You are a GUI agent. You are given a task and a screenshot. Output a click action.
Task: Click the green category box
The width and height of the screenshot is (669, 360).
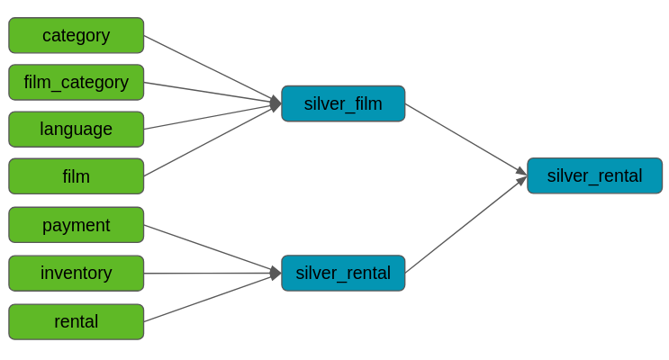[77, 35]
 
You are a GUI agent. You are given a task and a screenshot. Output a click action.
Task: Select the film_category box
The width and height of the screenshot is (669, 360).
[77, 82]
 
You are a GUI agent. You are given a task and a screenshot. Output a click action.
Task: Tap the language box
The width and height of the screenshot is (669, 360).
[77, 130]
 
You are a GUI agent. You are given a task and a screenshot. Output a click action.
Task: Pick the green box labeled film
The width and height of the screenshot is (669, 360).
[77, 176]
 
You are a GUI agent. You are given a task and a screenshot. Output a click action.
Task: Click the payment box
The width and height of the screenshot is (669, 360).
[77, 225]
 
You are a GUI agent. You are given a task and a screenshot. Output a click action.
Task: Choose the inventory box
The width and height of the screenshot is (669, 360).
[77, 274]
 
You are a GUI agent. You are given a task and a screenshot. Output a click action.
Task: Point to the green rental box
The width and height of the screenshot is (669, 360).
[77, 322]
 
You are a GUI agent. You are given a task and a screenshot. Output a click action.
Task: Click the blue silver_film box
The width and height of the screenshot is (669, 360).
[343, 103]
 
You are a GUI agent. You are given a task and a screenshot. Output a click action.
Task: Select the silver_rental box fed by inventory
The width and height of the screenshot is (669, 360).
[343, 273]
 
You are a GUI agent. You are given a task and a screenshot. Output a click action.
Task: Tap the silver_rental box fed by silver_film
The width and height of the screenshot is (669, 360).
[595, 175]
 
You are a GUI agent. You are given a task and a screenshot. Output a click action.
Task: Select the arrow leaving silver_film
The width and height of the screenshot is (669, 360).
[466, 139]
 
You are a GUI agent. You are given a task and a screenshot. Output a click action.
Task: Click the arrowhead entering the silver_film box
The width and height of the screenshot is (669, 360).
[276, 103]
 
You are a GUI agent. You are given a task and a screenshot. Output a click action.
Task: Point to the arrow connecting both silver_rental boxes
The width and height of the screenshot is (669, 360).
[466, 225]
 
